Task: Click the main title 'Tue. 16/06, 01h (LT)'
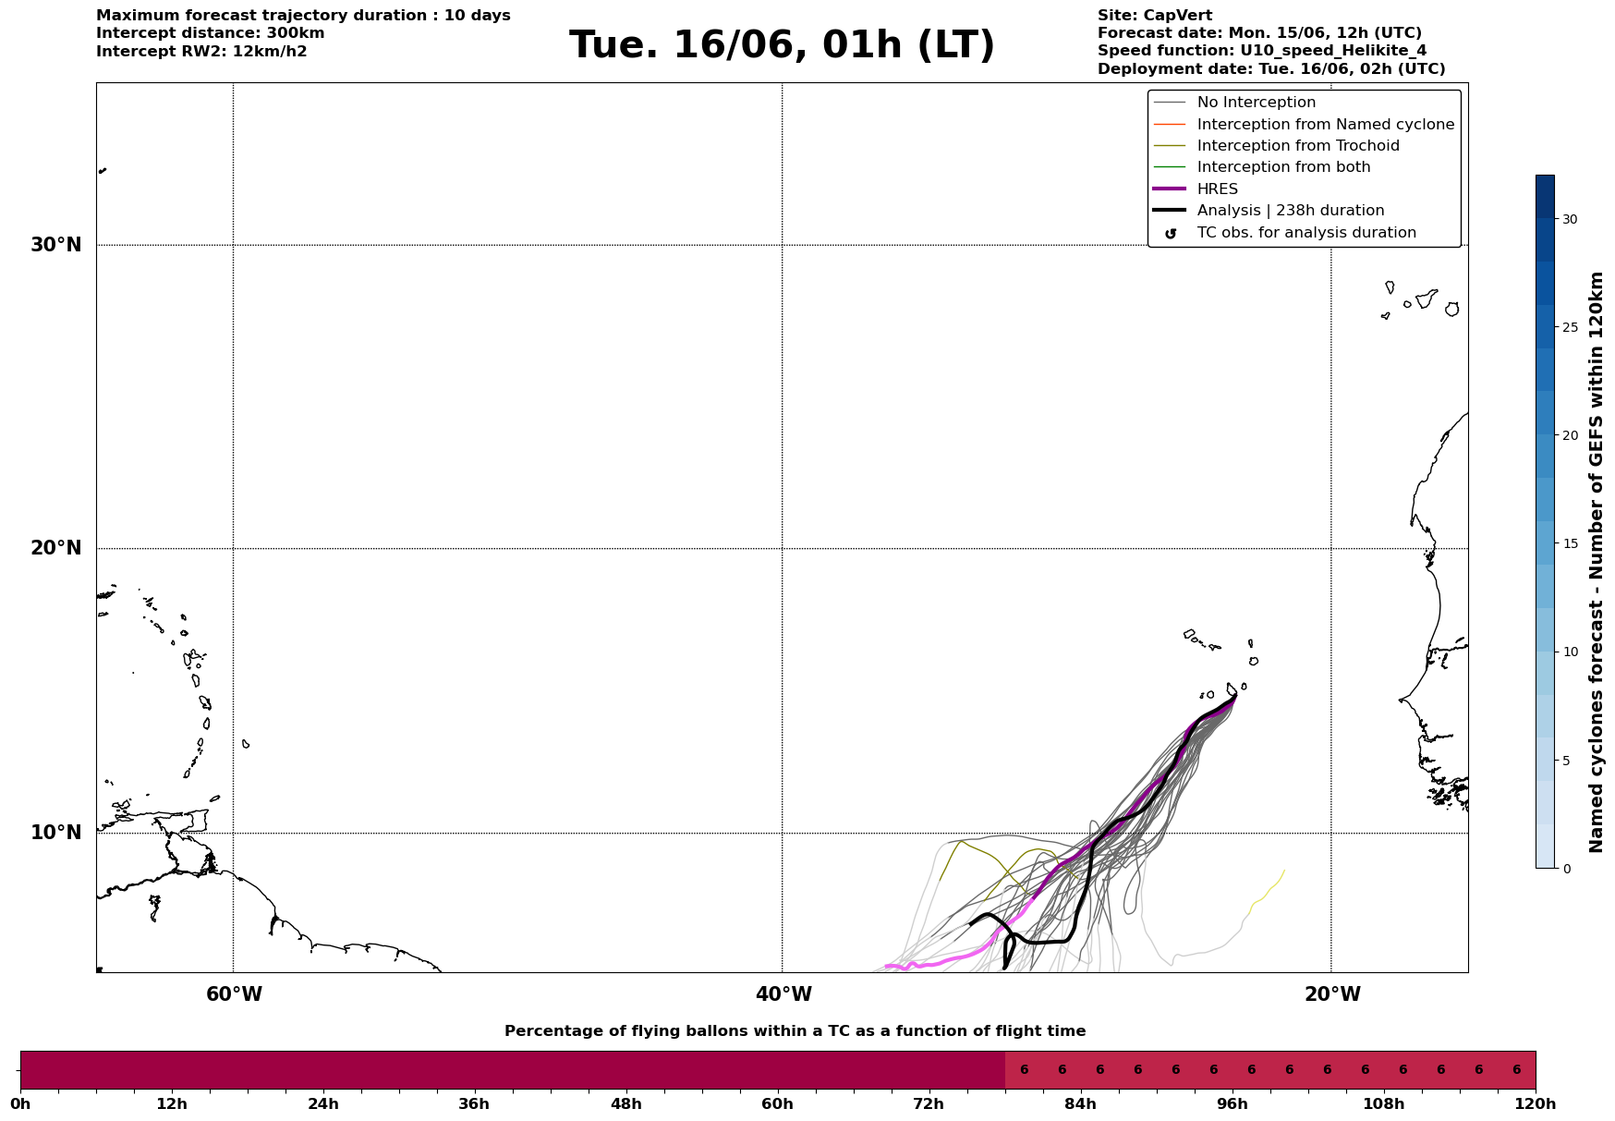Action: tap(782, 45)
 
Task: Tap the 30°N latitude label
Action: tap(56, 245)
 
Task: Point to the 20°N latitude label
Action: tap(56, 548)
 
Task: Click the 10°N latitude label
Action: tap(56, 833)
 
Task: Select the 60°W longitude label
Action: tap(234, 994)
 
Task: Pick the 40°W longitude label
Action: tap(783, 994)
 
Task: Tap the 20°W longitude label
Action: tap(1332, 994)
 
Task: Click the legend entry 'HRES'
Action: tap(1218, 189)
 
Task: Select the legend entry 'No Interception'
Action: tap(1257, 103)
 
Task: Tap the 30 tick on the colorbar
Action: tap(1570, 219)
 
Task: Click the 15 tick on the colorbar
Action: tap(1570, 543)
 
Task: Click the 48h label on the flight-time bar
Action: tap(625, 1103)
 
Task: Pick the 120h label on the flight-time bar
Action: tap(1536, 1103)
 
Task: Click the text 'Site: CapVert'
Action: tap(1155, 16)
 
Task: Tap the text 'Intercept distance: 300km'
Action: tap(211, 33)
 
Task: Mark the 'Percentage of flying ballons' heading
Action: tap(795, 1031)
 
